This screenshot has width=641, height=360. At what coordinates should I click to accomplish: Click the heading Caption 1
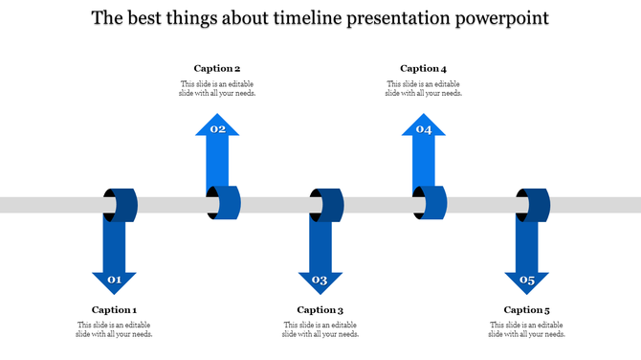114,309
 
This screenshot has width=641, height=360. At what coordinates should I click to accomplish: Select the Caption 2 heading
217,68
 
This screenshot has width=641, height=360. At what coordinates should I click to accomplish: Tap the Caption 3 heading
320,309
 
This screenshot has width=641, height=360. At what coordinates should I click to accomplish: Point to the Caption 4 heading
423,68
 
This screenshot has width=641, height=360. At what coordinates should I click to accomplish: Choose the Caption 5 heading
526,309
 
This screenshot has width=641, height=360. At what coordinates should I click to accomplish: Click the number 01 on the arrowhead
114,281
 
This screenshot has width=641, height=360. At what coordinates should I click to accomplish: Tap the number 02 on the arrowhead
217,129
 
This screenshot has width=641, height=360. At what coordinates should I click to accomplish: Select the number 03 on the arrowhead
320,281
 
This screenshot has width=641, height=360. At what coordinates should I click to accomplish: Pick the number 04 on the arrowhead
423,129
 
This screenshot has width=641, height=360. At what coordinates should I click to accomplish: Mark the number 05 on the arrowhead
526,281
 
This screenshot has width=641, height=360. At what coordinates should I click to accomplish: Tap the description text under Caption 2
217,88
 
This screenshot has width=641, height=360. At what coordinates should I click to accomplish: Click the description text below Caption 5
526,329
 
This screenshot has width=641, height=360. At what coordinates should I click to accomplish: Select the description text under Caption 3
320,329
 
